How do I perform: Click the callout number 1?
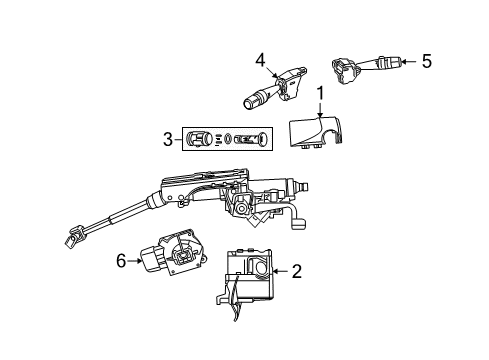(x=321, y=96)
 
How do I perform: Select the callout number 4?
(x=260, y=59)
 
